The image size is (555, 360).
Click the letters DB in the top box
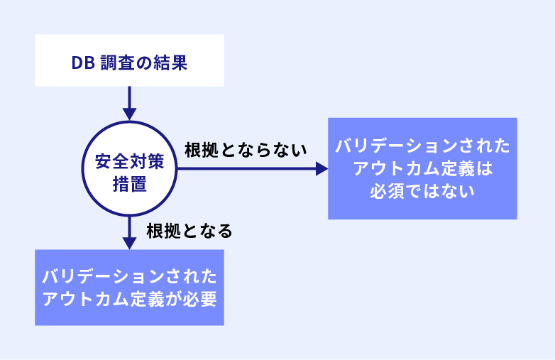coord(83,63)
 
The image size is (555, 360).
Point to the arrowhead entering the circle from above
coord(130,114)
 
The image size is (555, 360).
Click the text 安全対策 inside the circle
coord(130,161)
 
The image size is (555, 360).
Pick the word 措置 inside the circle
coord(130,184)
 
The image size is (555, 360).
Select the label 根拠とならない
coord(246,150)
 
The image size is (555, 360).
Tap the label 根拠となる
coord(189,231)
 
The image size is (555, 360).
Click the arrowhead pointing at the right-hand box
coord(322,169)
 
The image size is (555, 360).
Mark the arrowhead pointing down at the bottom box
coord(130,243)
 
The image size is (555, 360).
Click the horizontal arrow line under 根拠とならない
coord(246,169)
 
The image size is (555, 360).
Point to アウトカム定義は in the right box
coord(422,168)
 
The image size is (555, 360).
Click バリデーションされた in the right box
coord(422,146)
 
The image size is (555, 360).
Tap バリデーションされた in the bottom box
coord(130,276)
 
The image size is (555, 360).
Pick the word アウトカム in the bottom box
coord(86,299)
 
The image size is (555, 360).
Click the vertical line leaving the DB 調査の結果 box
coord(130,97)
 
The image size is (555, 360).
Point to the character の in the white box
coord(144,63)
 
